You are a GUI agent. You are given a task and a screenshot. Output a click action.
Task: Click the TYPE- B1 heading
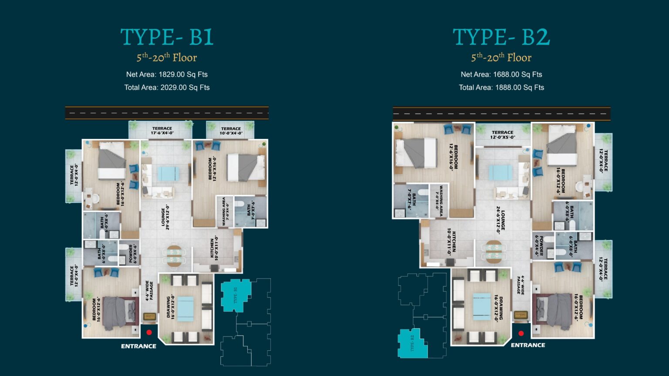(167, 37)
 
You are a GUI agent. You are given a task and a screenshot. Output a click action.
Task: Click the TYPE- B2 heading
(501, 37)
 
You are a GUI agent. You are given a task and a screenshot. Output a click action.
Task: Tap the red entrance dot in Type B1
(149, 332)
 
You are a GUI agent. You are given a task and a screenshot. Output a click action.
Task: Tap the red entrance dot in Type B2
(521, 334)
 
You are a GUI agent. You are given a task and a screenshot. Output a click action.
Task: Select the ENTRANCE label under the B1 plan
(139, 346)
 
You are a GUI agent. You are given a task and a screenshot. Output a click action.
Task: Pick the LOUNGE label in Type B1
(166, 218)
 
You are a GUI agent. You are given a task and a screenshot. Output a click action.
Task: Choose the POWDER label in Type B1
(132, 254)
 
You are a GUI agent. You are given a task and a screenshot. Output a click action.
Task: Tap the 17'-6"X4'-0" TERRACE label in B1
(162, 131)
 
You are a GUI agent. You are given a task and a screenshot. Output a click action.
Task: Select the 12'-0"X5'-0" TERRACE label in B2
(503, 134)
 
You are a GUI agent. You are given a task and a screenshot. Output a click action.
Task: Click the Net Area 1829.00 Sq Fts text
(167, 74)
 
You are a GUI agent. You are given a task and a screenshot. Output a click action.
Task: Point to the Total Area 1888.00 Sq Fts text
(501, 87)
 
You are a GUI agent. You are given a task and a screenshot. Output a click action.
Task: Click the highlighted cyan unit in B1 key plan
(236, 295)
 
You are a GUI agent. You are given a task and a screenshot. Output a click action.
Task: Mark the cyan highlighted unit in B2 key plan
(412, 343)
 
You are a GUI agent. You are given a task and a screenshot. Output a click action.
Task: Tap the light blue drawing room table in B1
(185, 309)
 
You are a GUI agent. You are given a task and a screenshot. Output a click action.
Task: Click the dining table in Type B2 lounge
(493, 252)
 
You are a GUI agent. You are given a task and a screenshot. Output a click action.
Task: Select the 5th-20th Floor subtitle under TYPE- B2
(501, 57)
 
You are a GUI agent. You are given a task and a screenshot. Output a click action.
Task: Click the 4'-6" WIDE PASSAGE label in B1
(149, 291)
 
